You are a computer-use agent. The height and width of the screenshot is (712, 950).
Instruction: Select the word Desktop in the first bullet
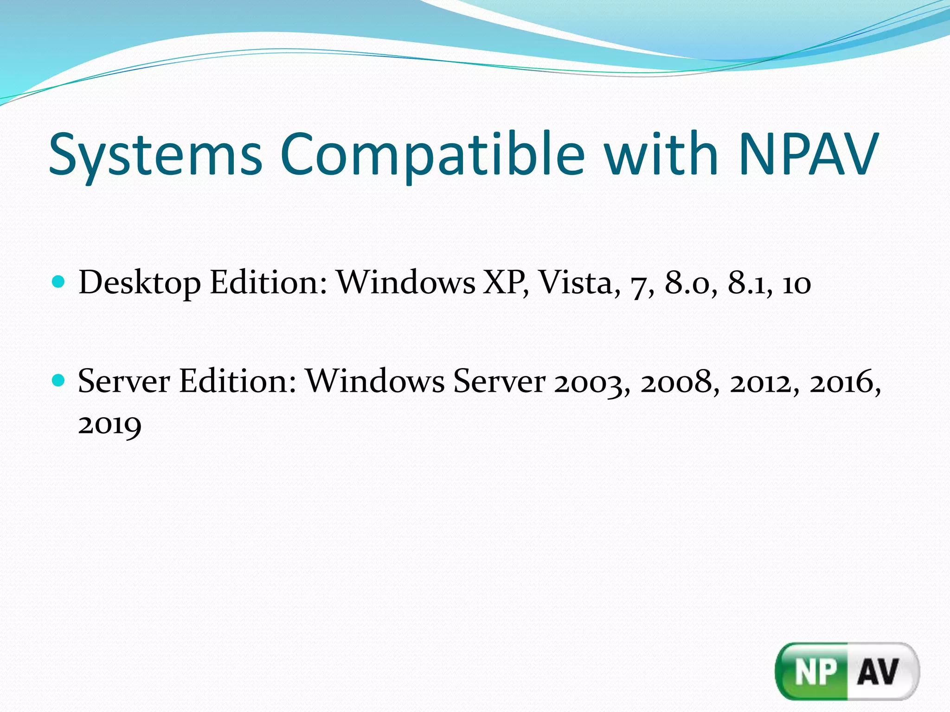[140, 283]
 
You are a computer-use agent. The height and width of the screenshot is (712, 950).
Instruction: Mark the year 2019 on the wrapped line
[109, 425]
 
